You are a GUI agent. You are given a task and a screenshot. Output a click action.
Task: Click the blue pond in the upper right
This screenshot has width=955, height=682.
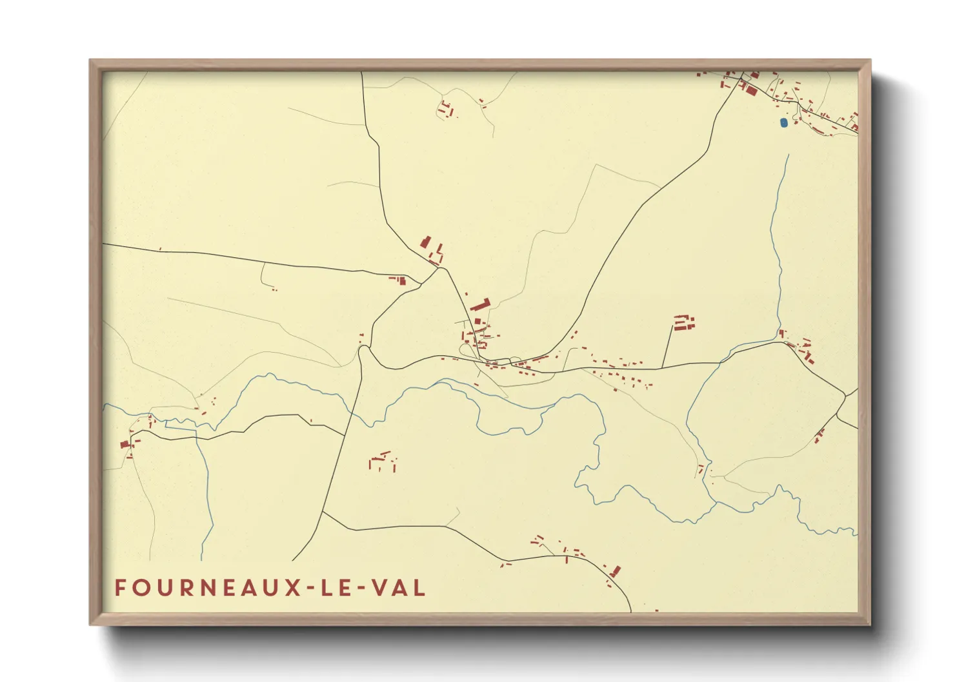click(x=783, y=122)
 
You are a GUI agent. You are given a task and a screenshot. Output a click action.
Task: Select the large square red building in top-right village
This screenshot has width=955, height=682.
click(x=751, y=90)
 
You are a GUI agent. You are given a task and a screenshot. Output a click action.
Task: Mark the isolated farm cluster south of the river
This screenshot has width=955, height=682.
click(x=383, y=462)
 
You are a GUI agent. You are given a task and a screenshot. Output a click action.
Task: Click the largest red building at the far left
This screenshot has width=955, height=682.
click(x=125, y=443)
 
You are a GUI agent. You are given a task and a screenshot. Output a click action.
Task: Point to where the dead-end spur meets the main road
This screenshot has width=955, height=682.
click(x=663, y=368)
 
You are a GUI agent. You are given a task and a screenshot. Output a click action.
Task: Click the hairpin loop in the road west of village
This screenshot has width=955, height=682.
click(x=365, y=349)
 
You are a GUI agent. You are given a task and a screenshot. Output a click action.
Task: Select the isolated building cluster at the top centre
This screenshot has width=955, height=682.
click(x=446, y=109)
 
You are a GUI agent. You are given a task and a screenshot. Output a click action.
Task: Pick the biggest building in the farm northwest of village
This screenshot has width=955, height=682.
click(x=425, y=242)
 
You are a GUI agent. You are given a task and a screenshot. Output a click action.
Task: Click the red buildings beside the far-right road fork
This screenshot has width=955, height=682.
click(x=819, y=435)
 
